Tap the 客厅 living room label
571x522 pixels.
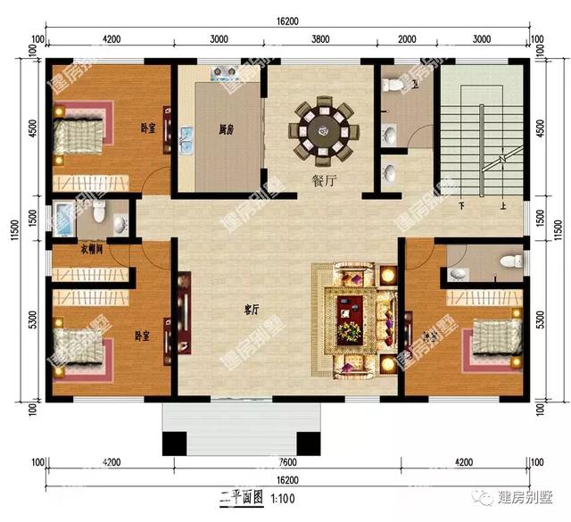coord(251,310)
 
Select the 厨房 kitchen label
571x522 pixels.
coord(227,129)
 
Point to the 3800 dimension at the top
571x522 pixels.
coord(320,40)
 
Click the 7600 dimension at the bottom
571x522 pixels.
coord(287,463)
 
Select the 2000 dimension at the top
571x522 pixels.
coord(407,40)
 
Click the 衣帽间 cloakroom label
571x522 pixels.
coord(91,250)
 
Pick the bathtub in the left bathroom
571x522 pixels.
coord(63,217)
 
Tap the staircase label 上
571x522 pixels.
coord(504,206)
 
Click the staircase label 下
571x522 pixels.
coord(462,206)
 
